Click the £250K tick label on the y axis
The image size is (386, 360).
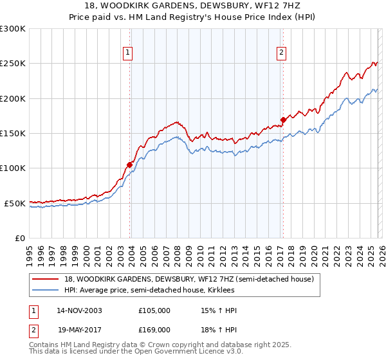[x=13, y=64]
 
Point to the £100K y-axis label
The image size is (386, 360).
[x=13, y=168]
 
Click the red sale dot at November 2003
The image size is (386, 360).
[x=130, y=165]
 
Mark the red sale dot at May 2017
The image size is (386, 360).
[x=283, y=120]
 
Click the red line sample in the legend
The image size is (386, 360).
[x=46, y=279]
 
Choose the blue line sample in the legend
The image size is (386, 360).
[x=46, y=291]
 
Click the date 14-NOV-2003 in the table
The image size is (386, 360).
[x=79, y=310]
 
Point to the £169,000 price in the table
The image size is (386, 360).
[x=154, y=330]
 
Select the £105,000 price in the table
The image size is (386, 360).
[x=154, y=310]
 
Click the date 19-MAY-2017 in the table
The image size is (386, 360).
[x=79, y=330]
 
